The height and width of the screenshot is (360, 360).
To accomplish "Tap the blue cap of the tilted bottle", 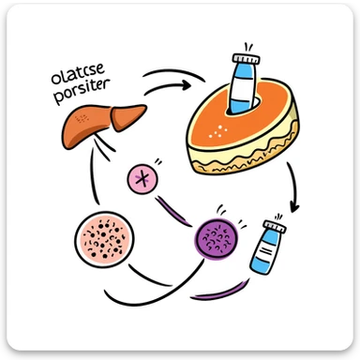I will click(x=278, y=228).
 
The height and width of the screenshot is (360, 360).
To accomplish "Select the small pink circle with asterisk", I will click(x=144, y=178).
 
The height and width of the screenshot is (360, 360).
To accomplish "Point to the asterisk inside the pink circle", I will click(x=144, y=178).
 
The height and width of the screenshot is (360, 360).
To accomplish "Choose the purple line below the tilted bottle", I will click(x=217, y=295).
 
